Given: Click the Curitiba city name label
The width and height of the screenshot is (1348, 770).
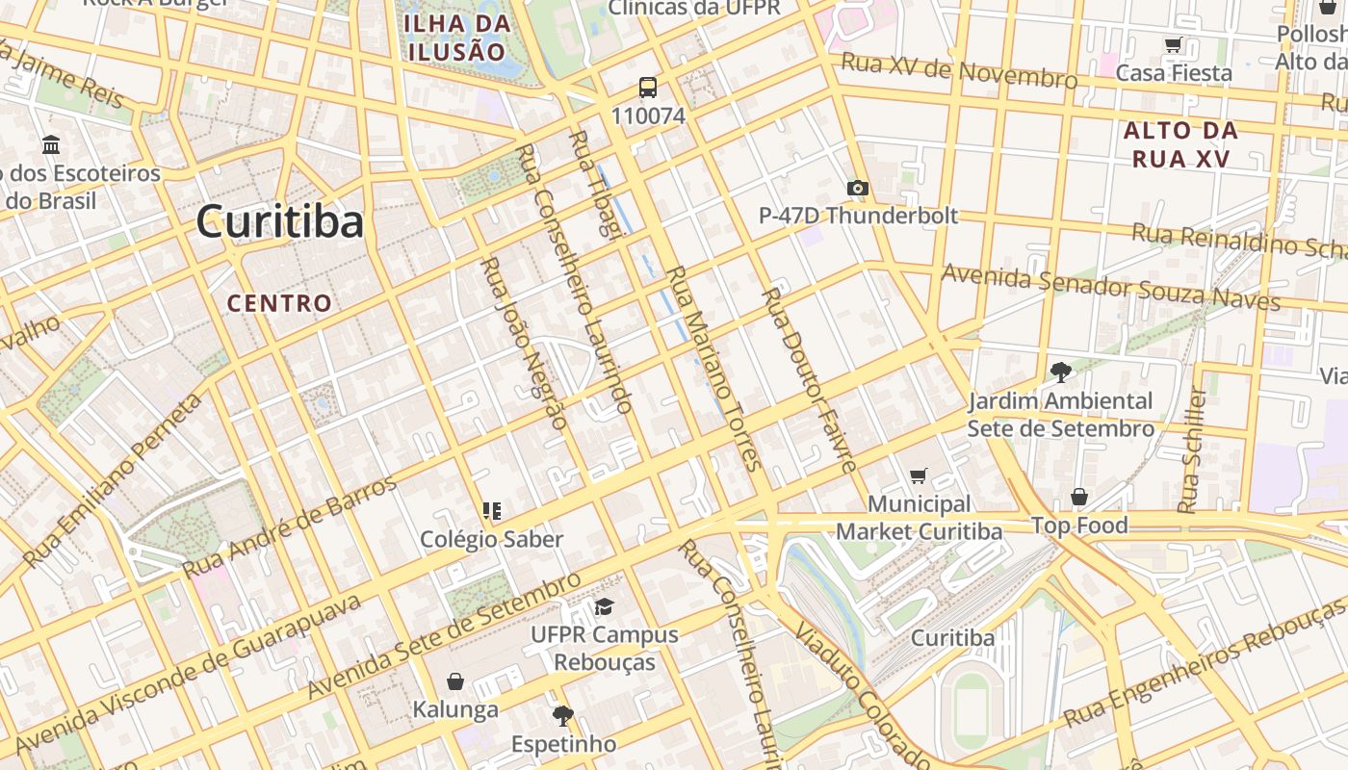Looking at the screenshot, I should [x=280, y=222].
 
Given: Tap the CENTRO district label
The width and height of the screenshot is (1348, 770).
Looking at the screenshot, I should [x=279, y=303].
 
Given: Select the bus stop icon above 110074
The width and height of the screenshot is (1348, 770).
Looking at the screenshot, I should [x=648, y=88].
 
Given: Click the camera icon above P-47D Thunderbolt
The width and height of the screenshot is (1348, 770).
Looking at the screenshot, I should [x=857, y=188].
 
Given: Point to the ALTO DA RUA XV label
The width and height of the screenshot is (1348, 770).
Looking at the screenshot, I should [x=1180, y=144].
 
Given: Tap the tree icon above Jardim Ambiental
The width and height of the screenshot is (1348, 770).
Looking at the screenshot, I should [x=1060, y=372].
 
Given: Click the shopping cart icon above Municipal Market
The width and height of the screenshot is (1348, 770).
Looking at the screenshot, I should [x=918, y=475].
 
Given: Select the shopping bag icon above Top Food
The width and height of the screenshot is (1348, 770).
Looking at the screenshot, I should [x=1079, y=497].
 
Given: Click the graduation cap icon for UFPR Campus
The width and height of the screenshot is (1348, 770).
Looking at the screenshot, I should [x=604, y=606].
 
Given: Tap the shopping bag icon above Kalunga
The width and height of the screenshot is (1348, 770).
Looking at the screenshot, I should [x=455, y=681].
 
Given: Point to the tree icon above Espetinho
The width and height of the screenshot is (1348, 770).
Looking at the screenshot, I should [x=562, y=715].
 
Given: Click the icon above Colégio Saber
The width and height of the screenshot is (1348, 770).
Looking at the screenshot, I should [x=492, y=510].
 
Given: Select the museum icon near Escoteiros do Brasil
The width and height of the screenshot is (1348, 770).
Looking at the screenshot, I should [x=51, y=145].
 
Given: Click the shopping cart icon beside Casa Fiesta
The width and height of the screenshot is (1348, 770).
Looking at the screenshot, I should [x=1173, y=44].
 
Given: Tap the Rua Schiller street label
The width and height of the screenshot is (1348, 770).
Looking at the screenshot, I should [x=1192, y=449].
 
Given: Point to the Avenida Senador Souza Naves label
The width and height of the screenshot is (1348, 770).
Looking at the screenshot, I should [x=1109, y=287].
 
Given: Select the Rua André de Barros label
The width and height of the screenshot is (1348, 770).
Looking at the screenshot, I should [x=290, y=526].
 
